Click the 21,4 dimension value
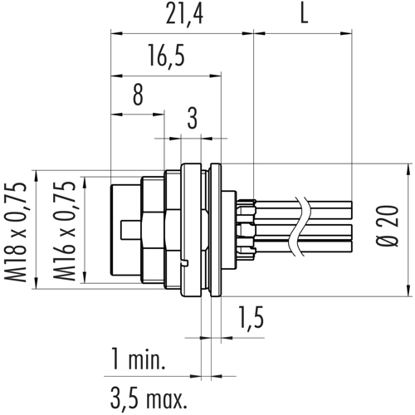click(184, 14)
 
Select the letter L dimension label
click(304, 14)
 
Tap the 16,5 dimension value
click(166, 56)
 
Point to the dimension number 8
click(138, 95)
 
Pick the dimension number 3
click(193, 119)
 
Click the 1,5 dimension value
click(251, 317)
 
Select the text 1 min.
click(138, 359)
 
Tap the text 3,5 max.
click(149, 398)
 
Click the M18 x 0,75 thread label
click(17, 232)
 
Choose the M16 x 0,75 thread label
click(65, 232)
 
